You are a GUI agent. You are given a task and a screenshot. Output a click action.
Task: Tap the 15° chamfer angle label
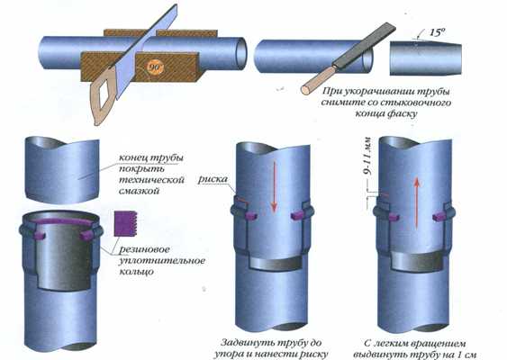[438, 32]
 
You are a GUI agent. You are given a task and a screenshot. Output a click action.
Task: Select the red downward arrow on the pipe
[274, 187]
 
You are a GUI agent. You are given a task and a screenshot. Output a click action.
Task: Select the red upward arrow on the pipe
[417, 202]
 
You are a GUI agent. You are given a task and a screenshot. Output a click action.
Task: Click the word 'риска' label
[213, 179]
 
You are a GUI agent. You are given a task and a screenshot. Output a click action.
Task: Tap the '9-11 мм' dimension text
[367, 156]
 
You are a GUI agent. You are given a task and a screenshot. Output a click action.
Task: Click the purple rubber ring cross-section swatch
[126, 223]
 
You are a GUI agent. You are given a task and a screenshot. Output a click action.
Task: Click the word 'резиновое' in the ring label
[144, 250]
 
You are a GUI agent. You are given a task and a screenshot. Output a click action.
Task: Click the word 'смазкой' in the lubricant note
[139, 191]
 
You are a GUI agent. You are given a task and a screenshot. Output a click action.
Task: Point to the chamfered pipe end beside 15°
[426, 58]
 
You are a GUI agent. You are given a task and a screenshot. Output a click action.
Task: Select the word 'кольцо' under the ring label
[136, 272]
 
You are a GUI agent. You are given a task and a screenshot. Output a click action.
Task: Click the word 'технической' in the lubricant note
[151, 180]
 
